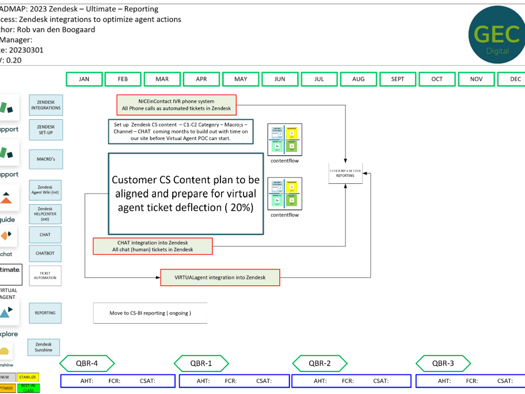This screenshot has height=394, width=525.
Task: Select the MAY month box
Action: [241, 79]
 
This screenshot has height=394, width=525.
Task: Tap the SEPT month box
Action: [398, 79]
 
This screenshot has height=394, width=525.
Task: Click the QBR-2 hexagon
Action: [319, 363]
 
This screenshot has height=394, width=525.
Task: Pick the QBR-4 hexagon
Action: [87, 363]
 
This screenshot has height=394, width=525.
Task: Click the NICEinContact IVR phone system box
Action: [176, 105]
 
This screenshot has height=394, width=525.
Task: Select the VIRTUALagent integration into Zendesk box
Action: [220, 277]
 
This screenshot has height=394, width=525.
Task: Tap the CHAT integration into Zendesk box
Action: [153, 246]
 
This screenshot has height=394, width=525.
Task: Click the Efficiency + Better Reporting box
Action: [345, 173]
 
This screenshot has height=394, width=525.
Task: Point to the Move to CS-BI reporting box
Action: [150, 313]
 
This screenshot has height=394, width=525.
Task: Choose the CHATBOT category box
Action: [45, 254]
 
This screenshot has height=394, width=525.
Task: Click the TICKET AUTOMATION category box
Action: [45, 276]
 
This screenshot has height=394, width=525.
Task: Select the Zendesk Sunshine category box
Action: [44, 347]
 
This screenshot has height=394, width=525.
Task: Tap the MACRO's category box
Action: [45, 158]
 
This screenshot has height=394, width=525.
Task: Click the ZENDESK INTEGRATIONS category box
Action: [46, 105]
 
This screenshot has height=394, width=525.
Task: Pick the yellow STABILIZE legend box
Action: [27, 377]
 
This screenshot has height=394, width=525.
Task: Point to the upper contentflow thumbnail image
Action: [285, 140]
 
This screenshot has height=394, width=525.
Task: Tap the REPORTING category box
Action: [45, 313]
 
